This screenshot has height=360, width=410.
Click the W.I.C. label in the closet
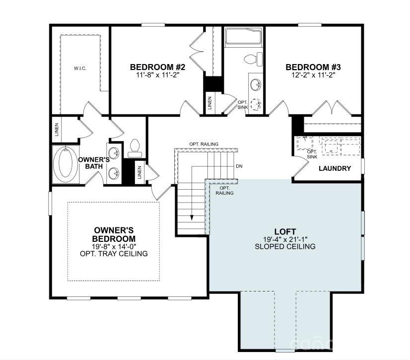[80, 69]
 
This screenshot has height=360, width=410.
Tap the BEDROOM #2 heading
[150, 67]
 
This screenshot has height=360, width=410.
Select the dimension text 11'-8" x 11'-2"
[150, 75]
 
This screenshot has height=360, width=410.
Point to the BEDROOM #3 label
[313, 67]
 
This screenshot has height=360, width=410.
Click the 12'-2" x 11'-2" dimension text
[313, 75]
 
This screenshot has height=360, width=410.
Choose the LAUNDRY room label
[335, 168]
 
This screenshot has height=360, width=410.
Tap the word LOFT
[285, 231]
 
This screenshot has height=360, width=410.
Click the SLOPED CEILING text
[285, 246]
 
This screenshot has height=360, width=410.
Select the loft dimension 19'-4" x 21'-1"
[285, 239]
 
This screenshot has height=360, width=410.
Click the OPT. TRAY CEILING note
[114, 254]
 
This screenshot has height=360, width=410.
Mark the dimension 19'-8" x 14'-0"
[114, 246]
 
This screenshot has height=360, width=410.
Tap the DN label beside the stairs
[239, 166]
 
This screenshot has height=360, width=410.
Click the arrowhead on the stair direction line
[192, 217]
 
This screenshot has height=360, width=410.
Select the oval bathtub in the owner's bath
[65, 163]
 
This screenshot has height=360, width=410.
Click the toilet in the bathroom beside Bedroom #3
[252, 59]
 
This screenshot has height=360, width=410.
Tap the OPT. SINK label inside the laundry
[312, 154]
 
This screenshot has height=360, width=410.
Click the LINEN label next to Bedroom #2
[210, 103]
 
